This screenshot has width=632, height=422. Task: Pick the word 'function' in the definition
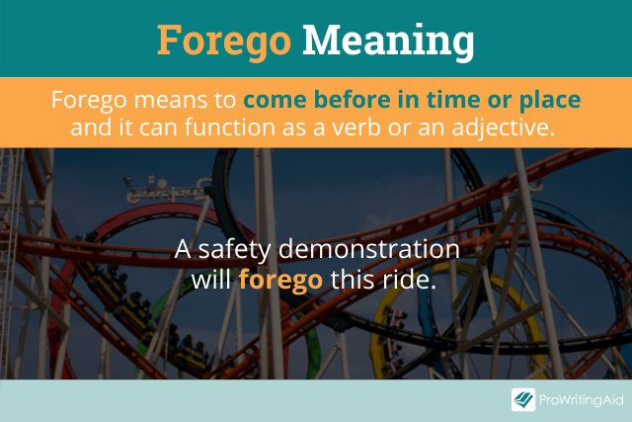tap(230, 127)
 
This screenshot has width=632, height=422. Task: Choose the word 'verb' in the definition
tap(356, 127)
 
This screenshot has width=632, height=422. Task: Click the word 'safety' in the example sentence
tap(235, 250)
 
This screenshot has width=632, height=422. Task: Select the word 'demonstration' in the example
tap(368, 249)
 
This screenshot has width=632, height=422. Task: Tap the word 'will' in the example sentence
tap(210, 279)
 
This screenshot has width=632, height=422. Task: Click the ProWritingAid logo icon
tap(523, 399)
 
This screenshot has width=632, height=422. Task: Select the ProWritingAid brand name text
tap(582, 400)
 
